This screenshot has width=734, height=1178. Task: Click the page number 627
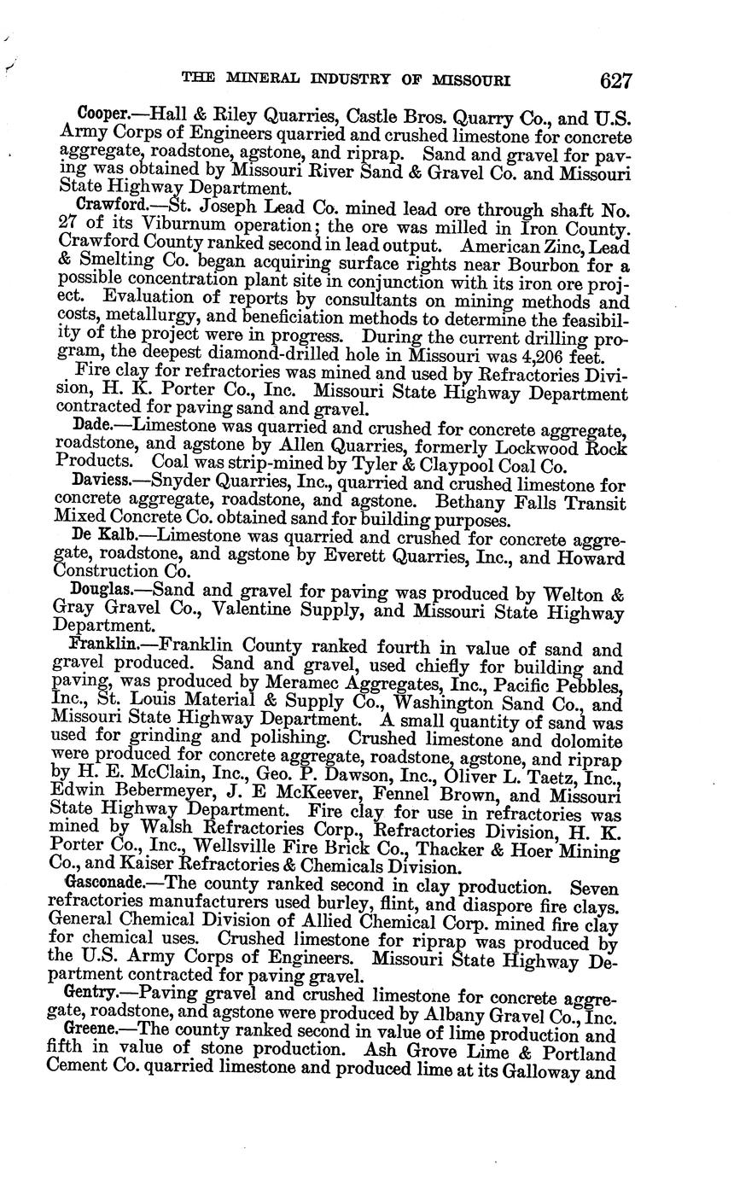[615, 81]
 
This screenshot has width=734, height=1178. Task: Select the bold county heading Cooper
[101, 114]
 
